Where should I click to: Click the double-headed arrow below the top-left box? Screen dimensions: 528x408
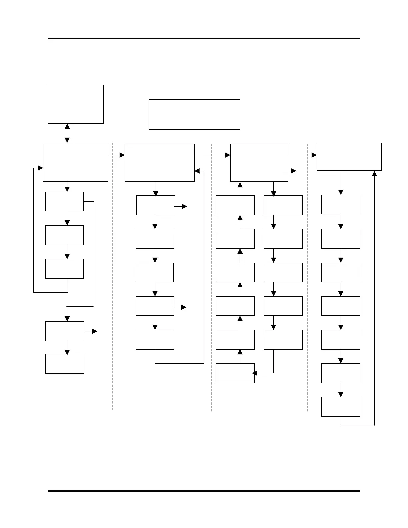pyautogui.click(x=67, y=133)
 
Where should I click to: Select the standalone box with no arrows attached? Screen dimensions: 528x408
pyautogui.click(x=194, y=114)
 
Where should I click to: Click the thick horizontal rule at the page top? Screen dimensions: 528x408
pyautogui.click(x=204, y=38)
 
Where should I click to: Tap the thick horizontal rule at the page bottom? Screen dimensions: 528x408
pyautogui.click(x=204, y=491)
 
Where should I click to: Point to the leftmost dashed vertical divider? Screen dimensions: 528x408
pyautogui.click(x=113, y=277)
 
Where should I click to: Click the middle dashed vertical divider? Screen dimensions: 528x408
pyautogui.click(x=211, y=277)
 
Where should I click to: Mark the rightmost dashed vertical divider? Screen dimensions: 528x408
pyautogui.click(x=307, y=277)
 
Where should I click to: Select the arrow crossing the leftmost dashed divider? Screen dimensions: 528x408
pyautogui.click(x=116, y=155)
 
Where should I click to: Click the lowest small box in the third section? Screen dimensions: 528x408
pyautogui.click(x=235, y=373)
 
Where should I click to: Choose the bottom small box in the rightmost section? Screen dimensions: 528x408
pyautogui.click(x=341, y=407)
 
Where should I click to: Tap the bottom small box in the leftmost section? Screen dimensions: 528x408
pyautogui.click(x=65, y=364)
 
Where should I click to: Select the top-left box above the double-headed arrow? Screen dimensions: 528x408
pyautogui.click(x=76, y=104)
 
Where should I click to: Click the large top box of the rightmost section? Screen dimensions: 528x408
pyautogui.click(x=349, y=157)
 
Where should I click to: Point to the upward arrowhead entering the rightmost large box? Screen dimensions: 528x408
pyautogui.click(x=374, y=173)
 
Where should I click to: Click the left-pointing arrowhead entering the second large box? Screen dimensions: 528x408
pyautogui.click(x=197, y=171)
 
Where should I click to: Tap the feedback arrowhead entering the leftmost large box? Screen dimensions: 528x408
pyautogui.click(x=41, y=168)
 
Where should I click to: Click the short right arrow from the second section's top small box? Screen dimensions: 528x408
pyautogui.click(x=181, y=207)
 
